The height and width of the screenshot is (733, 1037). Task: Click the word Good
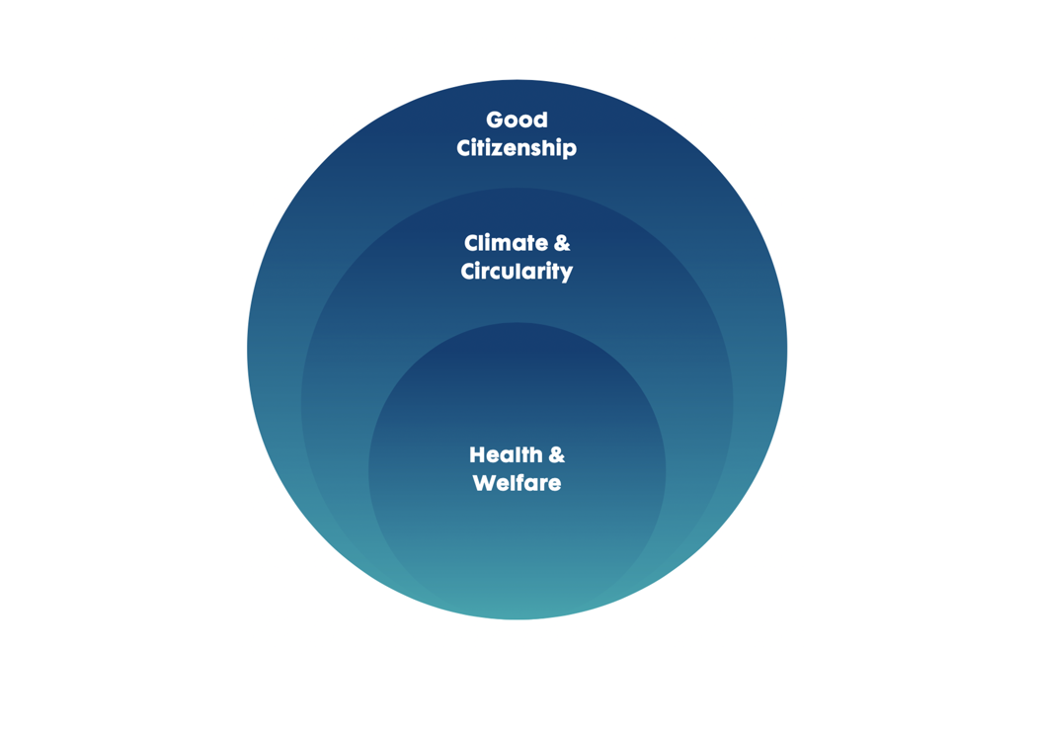[x=517, y=121]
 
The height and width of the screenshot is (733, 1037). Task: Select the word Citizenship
[x=517, y=149]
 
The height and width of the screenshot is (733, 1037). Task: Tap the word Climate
[x=505, y=243]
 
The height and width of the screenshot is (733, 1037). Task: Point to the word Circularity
[x=517, y=272]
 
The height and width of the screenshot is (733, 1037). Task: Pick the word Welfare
[x=517, y=484]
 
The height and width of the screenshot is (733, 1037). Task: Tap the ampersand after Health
[x=556, y=455]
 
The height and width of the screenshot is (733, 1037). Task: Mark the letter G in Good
[x=496, y=121]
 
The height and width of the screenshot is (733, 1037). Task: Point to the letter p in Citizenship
[x=570, y=151]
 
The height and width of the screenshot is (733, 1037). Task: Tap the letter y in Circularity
[x=566, y=274]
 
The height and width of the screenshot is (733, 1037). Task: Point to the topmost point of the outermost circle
[x=517, y=80]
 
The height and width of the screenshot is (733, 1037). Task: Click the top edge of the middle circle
[x=517, y=188]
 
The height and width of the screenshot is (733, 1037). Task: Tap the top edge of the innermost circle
[x=517, y=323]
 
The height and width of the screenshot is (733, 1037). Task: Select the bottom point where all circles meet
[x=517, y=618]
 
